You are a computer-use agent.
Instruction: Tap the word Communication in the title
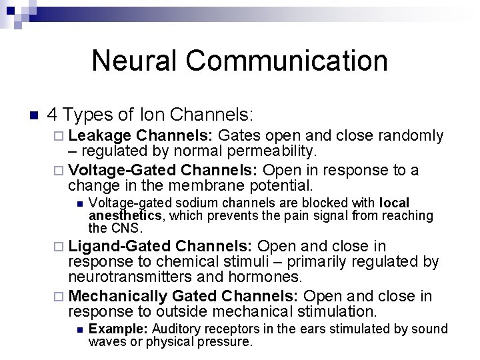click(x=287, y=60)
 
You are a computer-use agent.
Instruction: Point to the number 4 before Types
click(x=53, y=115)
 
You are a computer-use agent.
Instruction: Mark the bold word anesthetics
click(x=125, y=215)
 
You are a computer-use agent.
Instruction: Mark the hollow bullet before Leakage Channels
click(x=60, y=137)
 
